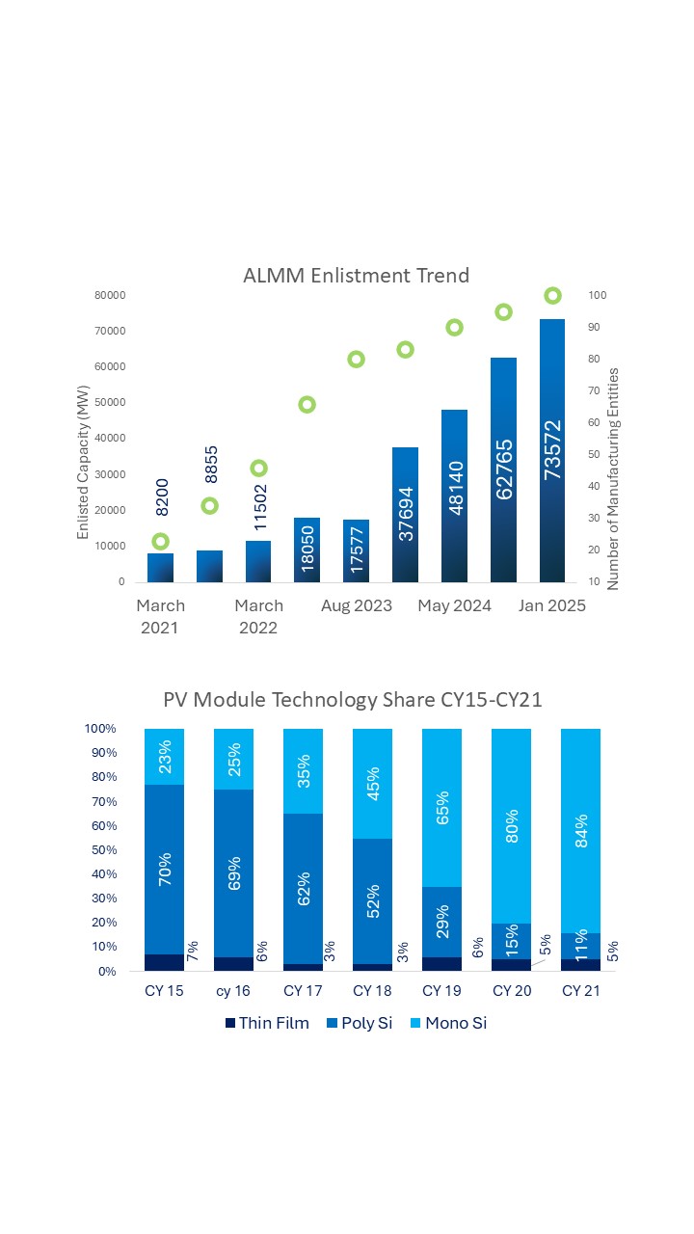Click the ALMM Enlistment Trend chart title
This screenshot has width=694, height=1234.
356,276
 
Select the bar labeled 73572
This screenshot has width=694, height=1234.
552,453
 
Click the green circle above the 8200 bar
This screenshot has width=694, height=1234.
161,541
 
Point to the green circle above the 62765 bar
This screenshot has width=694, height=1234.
503,311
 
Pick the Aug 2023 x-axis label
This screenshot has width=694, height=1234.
357,605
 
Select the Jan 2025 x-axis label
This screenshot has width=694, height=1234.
552,605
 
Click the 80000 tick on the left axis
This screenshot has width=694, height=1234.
109,295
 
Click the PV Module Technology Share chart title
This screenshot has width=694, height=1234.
353,700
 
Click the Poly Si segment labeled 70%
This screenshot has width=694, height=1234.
165,868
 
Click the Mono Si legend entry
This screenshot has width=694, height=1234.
444,1023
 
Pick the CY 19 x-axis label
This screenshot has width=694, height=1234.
442,990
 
